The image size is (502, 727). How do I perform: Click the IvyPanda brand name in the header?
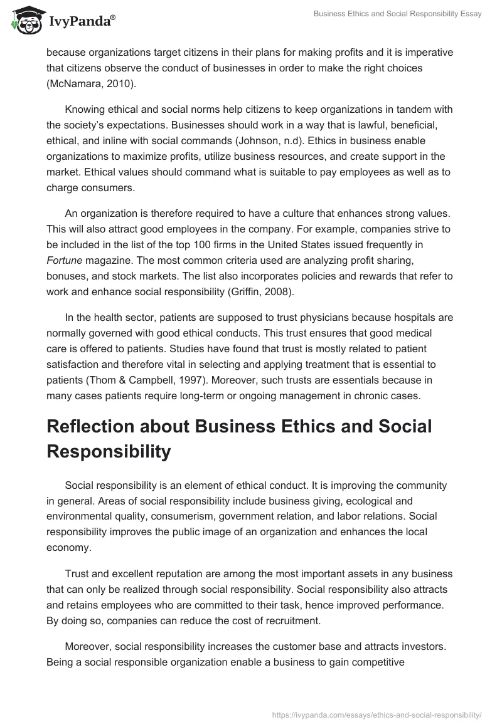pyautogui.click(x=81, y=22)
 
